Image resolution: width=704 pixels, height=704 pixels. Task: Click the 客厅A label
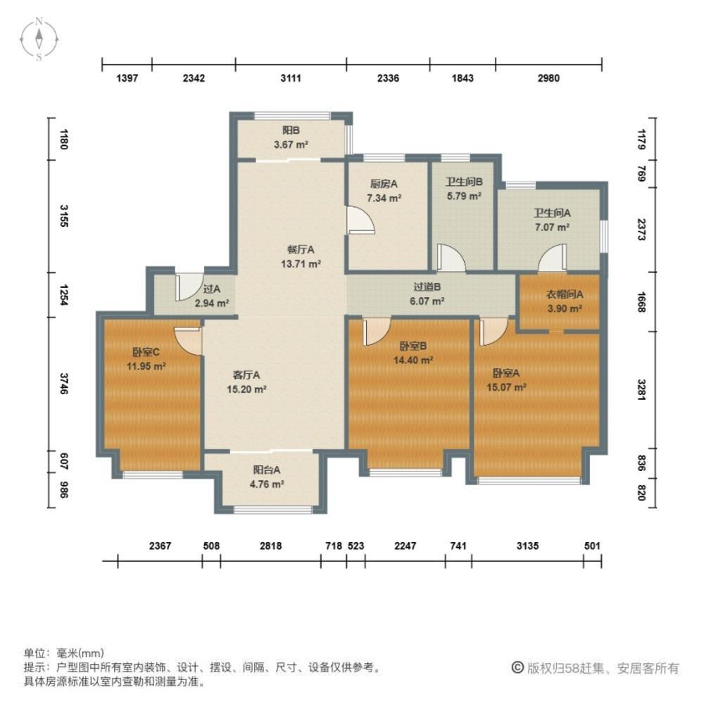point(247,375)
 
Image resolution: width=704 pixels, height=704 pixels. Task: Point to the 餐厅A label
point(301,249)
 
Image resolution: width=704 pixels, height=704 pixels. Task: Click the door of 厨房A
point(361,219)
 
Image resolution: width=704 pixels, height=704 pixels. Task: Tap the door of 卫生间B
point(450,258)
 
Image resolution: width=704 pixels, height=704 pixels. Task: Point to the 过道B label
point(427,287)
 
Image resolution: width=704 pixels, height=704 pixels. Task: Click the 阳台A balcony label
point(268,471)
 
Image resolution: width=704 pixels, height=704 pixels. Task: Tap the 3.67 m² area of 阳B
point(291,144)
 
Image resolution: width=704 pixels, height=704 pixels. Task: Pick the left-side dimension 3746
point(64,384)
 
